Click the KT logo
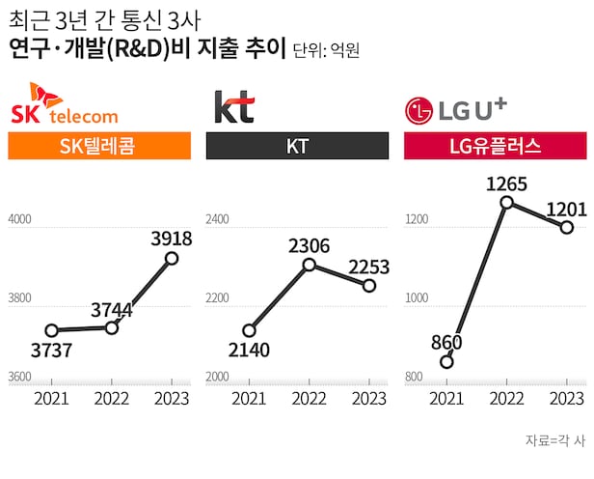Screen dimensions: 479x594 [x=233, y=106]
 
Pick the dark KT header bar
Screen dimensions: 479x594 [x=297, y=146]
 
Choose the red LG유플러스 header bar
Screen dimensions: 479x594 [x=495, y=146]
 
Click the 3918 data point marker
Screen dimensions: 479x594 [x=172, y=258]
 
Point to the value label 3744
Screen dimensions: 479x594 [x=112, y=310]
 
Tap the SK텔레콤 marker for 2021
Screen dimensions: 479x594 [x=52, y=331]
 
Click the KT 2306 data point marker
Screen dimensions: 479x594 [x=309, y=265]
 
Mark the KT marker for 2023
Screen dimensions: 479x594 [x=368, y=286]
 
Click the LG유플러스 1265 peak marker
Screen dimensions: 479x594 [x=506, y=203]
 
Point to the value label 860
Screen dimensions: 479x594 [x=447, y=342]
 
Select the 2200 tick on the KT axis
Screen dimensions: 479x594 [x=217, y=299]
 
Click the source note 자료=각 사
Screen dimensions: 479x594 [x=554, y=440]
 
